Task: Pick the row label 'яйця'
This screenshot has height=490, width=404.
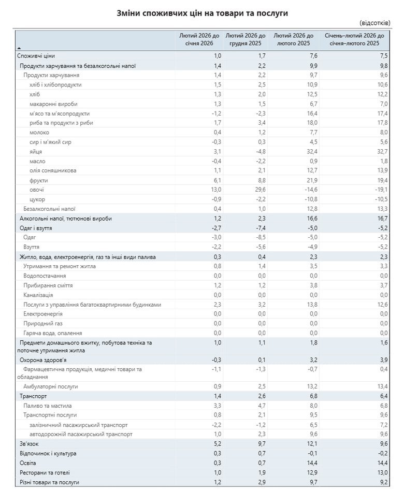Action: point(36,152)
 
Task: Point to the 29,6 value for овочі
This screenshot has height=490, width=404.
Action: point(259,190)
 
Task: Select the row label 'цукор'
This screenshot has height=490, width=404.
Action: point(37,199)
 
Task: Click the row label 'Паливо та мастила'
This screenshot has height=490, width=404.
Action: point(48,406)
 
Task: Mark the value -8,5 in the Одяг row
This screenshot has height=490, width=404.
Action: point(260,237)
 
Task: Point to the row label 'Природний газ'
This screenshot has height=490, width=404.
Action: point(44,323)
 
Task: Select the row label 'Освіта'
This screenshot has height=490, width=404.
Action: point(28,463)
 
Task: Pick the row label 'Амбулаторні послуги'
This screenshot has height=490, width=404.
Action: point(50,386)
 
